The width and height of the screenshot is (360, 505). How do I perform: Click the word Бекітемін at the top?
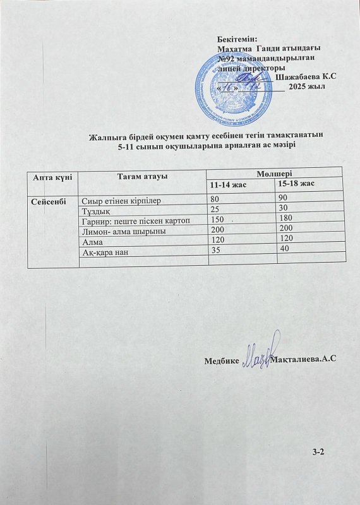tap(233, 39)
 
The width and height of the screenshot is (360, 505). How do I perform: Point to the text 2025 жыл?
tap(306, 87)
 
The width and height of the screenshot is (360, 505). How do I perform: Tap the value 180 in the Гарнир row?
tap(285, 220)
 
